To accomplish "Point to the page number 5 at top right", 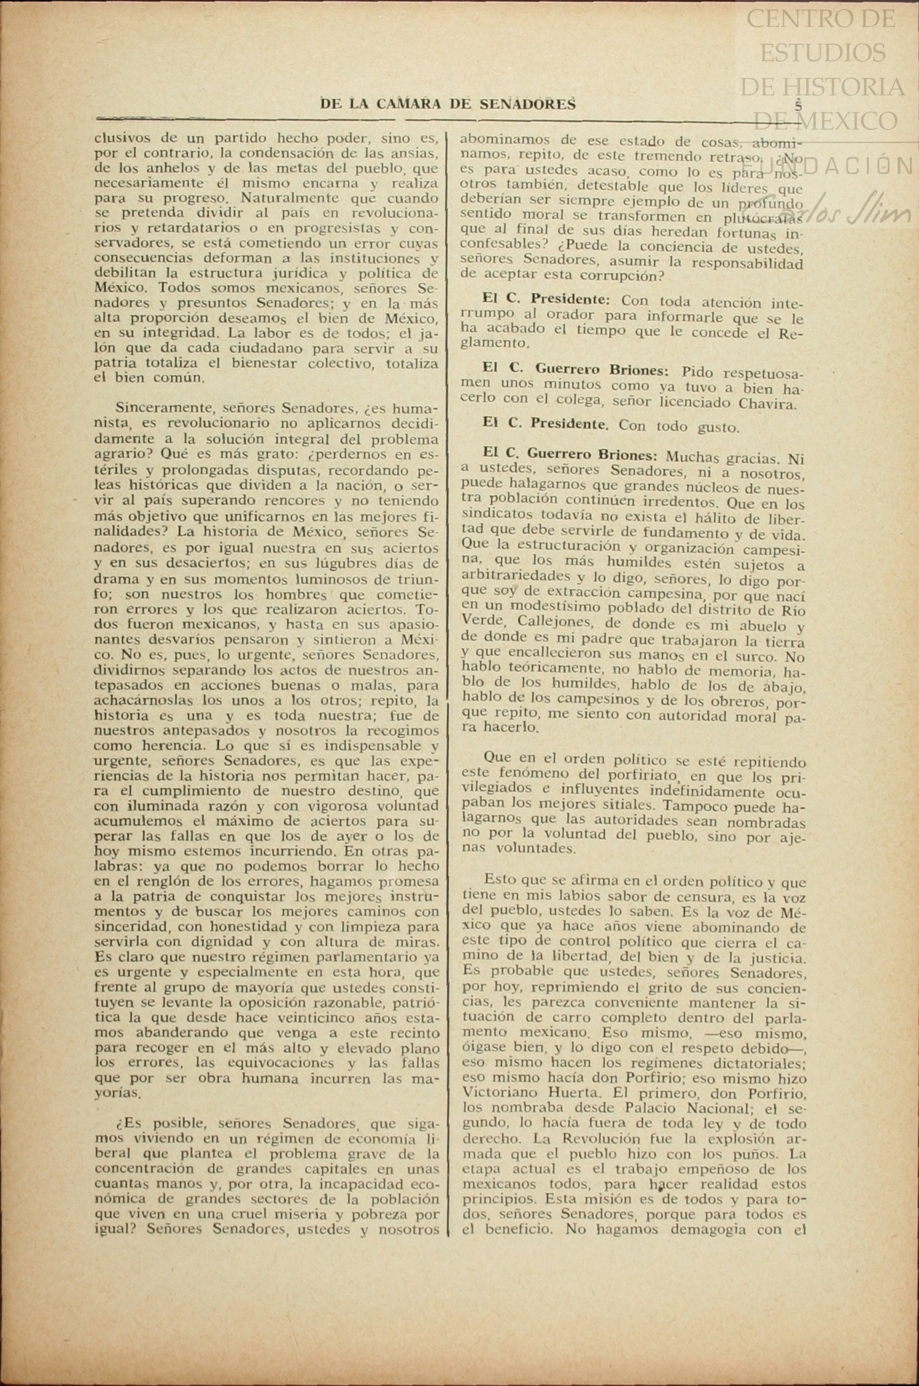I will pyautogui.click(x=798, y=104).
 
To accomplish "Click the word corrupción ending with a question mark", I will pyautogui.click(x=617, y=276).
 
